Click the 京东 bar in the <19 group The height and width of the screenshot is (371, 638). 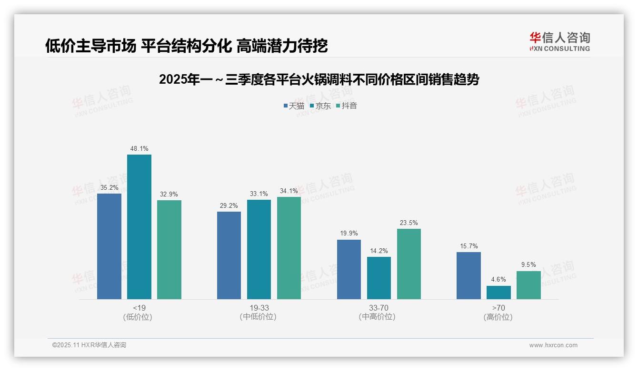click(139, 227)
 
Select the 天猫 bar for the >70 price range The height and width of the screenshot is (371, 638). click(469, 276)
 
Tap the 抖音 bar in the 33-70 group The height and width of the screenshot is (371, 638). click(409, 264)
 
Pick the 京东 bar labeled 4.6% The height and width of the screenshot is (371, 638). click(498, 293)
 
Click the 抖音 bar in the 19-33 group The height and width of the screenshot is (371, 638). click(289, 248)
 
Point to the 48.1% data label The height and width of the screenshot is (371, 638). click(139, 149)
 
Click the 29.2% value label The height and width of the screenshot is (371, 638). click(229, 206)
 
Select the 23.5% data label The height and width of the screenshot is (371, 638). click(409, 223)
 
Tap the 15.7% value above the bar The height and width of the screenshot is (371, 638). click(469, 246)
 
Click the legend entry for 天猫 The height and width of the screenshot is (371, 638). click(294, 106)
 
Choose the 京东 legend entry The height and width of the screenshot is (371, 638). click(320, 106)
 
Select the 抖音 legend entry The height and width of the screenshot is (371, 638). click(347, 106)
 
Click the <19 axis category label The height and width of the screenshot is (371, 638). click(139, 308)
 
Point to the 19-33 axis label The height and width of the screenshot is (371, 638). click(259, 308)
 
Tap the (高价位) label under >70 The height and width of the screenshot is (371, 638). click(498, 317)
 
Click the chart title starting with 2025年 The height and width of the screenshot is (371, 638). click(319, 79)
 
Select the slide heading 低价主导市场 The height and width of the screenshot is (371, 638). click(186, 46)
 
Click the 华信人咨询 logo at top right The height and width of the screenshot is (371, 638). click(559, 41)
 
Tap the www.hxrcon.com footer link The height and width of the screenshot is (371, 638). click(553, 345)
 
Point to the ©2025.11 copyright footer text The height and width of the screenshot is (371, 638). click(89, 345)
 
